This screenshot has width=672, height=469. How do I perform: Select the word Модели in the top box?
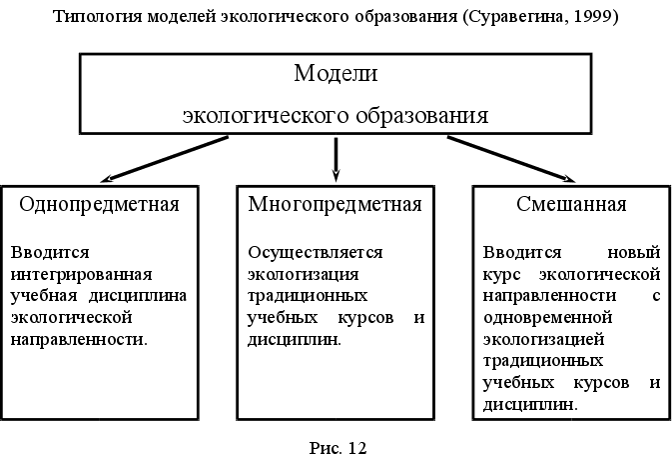pos(336,73)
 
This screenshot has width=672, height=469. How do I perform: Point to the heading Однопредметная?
pos(100,206)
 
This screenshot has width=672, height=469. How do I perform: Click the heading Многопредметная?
pos(336,206)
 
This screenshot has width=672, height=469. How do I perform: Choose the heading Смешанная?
pos(572,206)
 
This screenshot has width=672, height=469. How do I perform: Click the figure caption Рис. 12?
pos(338,448)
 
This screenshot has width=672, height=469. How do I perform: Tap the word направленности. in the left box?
pos(79,339)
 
